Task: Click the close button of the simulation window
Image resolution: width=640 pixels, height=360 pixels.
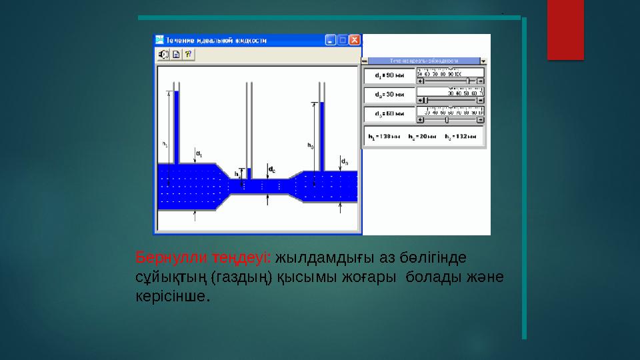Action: click(355, 40)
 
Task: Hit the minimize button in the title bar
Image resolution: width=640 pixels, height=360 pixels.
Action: click(331, 40)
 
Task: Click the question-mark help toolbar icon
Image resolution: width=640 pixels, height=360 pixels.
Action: click(188, 54)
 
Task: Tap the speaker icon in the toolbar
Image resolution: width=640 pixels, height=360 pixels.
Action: click(164, 54)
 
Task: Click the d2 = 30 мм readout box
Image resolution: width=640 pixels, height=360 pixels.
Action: click(388, 95)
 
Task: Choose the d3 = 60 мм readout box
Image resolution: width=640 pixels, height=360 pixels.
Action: click(388, 114)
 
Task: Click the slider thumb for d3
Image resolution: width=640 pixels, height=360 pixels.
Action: click(446, 120)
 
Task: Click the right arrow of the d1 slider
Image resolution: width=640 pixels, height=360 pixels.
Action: click(481, 81)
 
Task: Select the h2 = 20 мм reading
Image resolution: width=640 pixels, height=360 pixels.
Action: click(422, 137)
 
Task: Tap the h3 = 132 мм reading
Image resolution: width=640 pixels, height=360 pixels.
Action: click(462, 137)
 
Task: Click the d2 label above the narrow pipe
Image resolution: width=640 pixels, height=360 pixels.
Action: click(272, 171)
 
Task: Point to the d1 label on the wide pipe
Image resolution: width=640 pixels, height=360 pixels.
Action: click(199, 154)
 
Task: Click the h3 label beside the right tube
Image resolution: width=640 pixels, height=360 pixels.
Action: click(310, 145)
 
